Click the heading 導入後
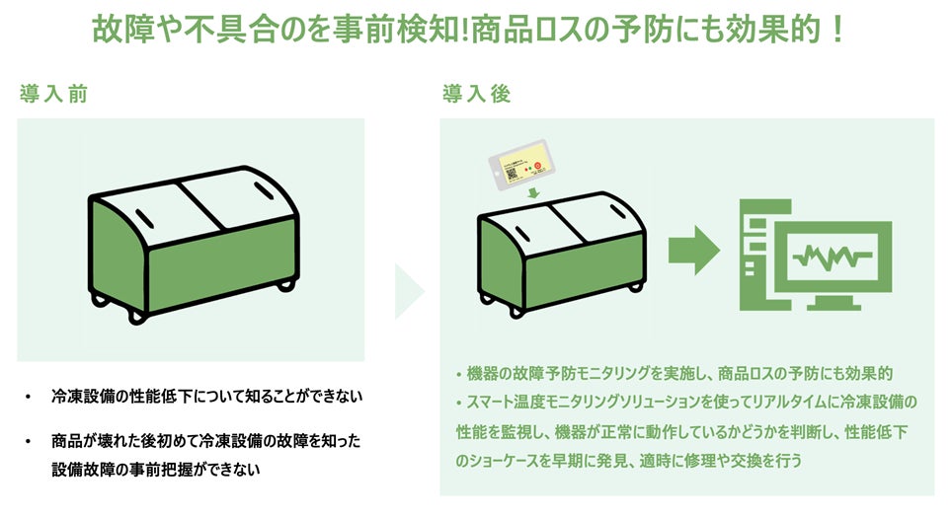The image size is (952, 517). pyautogui.click(x=477, y=95)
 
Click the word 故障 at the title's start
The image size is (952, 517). pyautogui.click(x=121, y=28)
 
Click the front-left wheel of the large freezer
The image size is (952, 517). pyautogui.click(x=135, y=317)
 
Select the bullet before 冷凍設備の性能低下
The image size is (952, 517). pyautogui.click(x=29, y=398)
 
